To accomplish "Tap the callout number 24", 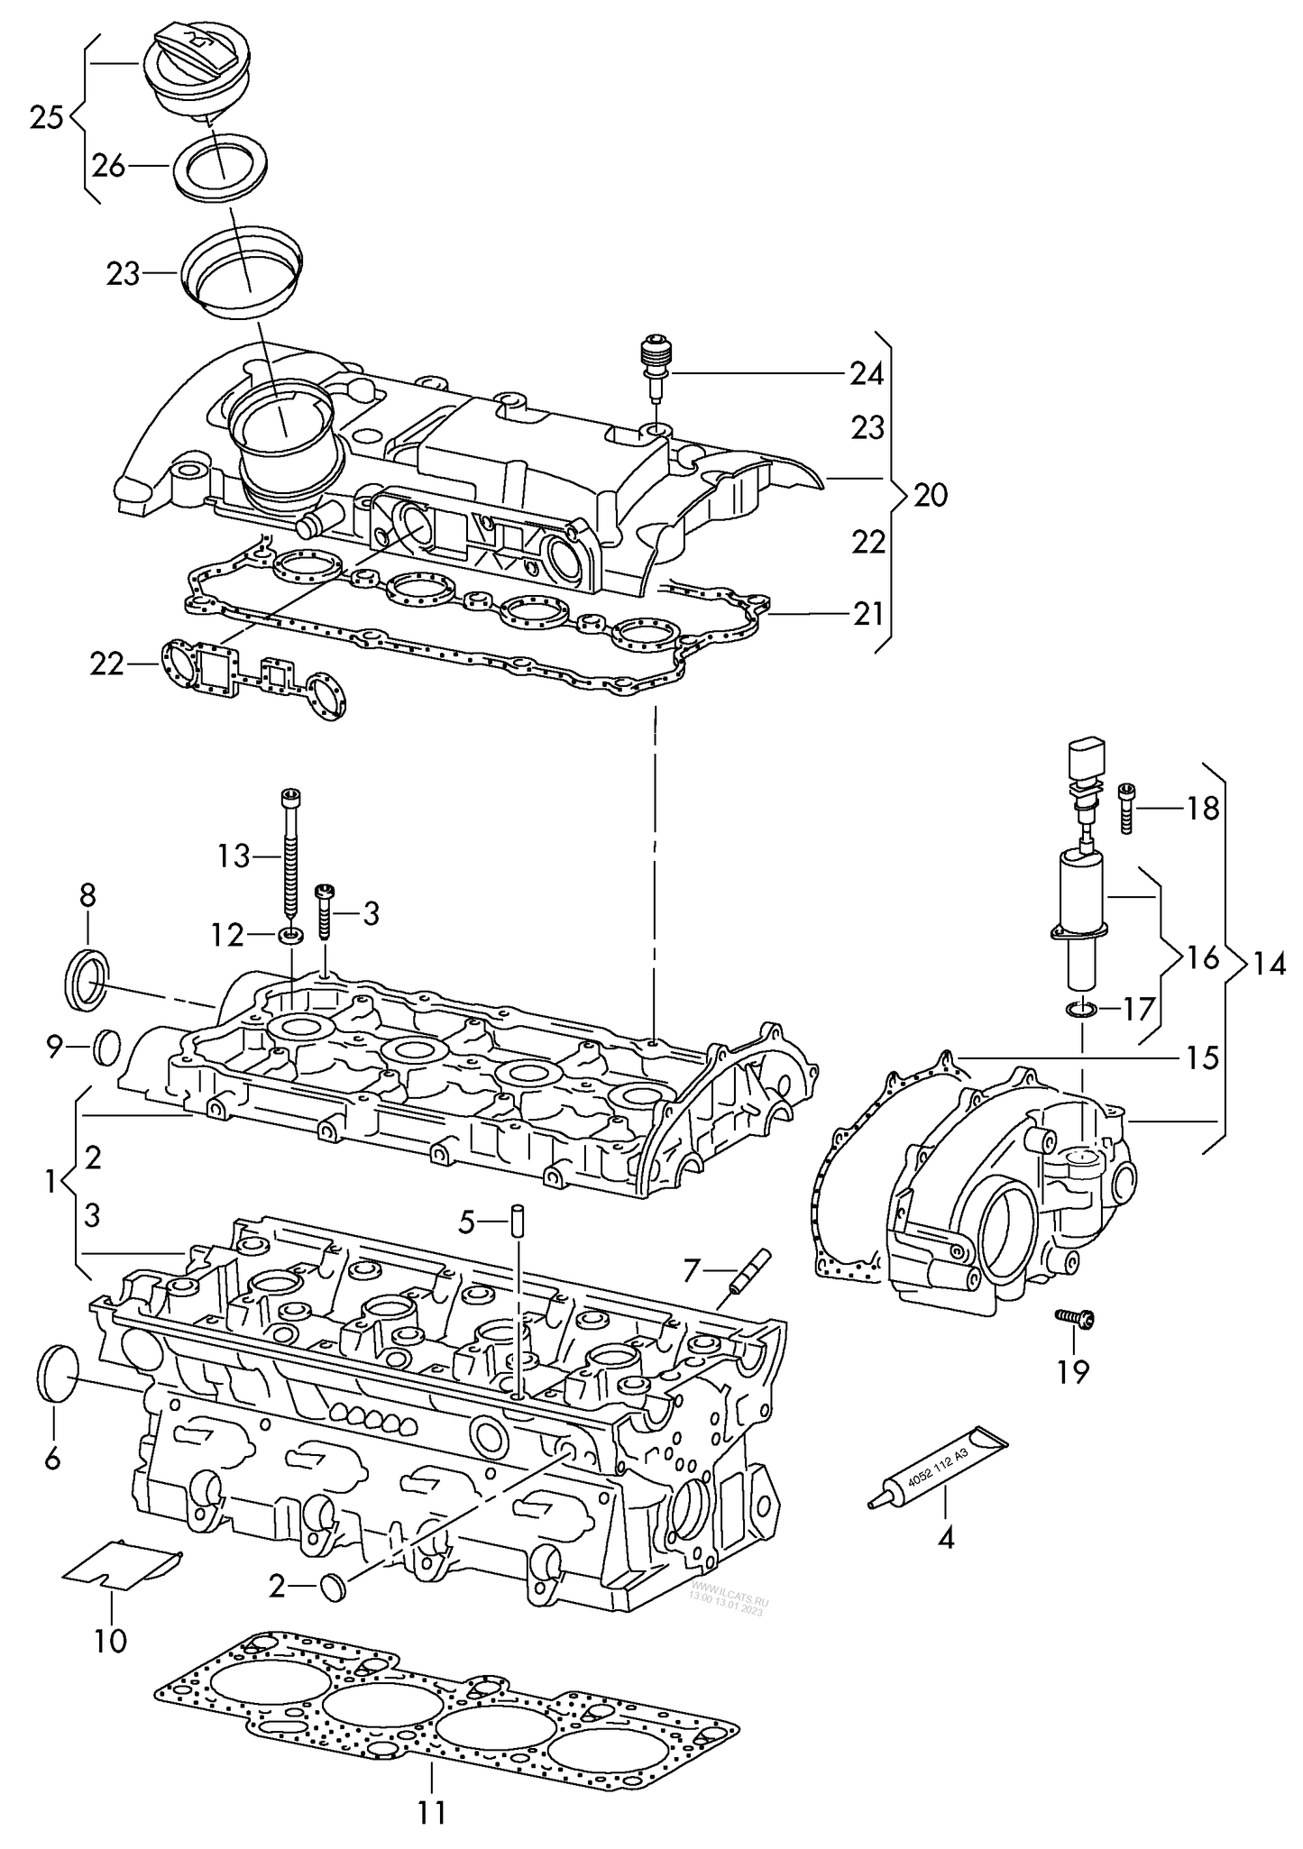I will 866,374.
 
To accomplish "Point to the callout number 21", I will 868,614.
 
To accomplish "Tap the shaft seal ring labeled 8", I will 87,978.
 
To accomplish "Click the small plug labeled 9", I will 106,1048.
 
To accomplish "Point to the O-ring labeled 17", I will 1079,1009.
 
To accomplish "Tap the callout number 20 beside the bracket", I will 931,494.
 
